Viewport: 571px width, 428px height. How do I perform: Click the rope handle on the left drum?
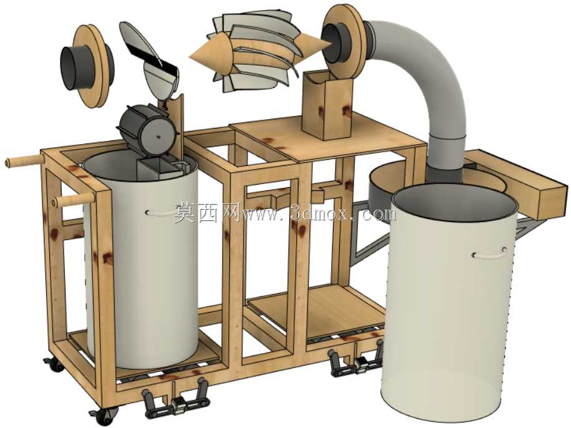coord(160,213)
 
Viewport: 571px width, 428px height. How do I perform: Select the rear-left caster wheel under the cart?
coord(54,364)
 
